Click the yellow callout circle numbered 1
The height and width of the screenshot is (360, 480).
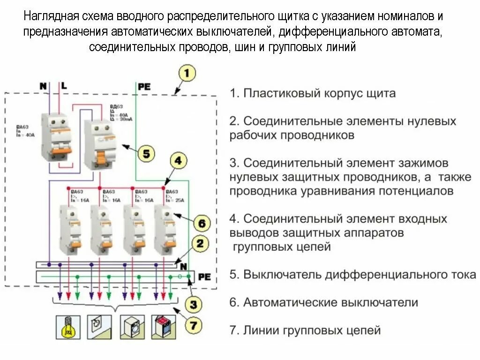click(187, 74)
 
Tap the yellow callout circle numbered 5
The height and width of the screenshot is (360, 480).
click(146, 153)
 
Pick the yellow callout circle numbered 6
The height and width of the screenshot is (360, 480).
click(201, 223)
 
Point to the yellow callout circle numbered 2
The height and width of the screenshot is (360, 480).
click(200, 244)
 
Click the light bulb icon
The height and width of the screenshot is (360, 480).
click(68, 327)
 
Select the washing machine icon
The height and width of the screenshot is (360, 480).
click(132, 327)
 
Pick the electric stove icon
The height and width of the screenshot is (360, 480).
click(164, 327)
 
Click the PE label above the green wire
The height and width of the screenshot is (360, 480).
click(144, 86)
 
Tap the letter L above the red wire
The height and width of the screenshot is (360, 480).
click(63, 86)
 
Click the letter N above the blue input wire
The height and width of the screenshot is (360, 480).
click(43, 86)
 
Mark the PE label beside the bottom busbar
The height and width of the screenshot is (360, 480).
click(204, 277)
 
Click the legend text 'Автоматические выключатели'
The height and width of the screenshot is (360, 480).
click(330, 302)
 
